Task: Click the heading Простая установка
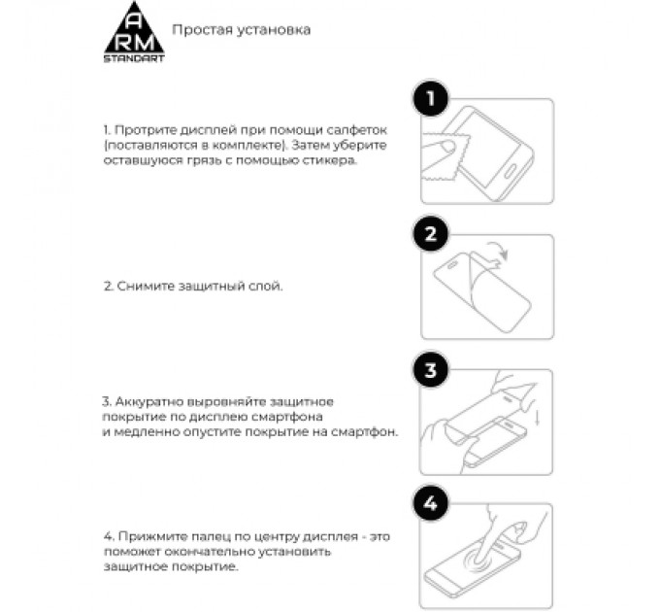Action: (241, 30)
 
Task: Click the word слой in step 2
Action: (267, 288)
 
